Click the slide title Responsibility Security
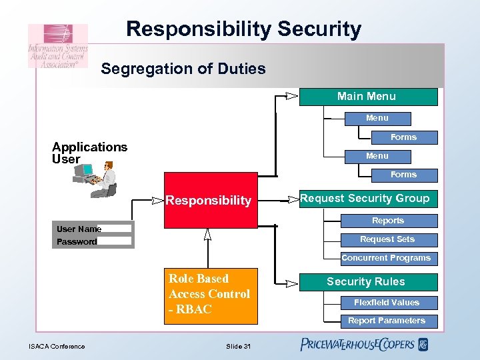pyautogui.click(x=243, y=29)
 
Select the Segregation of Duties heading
pyautogui.click(x=183, y=69)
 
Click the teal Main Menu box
pyautogui.click(x=368, y=97)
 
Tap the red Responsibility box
pyautogui.click(x=208, y=200)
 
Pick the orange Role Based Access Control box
pyautogui.click(x=210, y=294)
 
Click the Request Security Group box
pyautogui.click(x=365, y=199)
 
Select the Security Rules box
pyautogui.click(x=365, y=282)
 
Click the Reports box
pyautogui.click(x=388, y=221)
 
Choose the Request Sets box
pyautogui.click(x=388, y=239)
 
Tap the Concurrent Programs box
pyautogui.click(x=387, y=258)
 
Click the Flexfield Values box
pyautogui.click(x=387, y=303)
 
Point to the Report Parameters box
pyautogui.click(x=387, y=321)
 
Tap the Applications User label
pyautogui.click(x=89, y=153)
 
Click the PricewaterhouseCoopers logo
pyautogui.click(x=363, y=345)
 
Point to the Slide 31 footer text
pyautogui.click(x=238, y=346)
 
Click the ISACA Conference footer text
pyautogui.click(x=57, y=346)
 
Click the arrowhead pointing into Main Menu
pyautogui.click(x=291, y=96)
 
